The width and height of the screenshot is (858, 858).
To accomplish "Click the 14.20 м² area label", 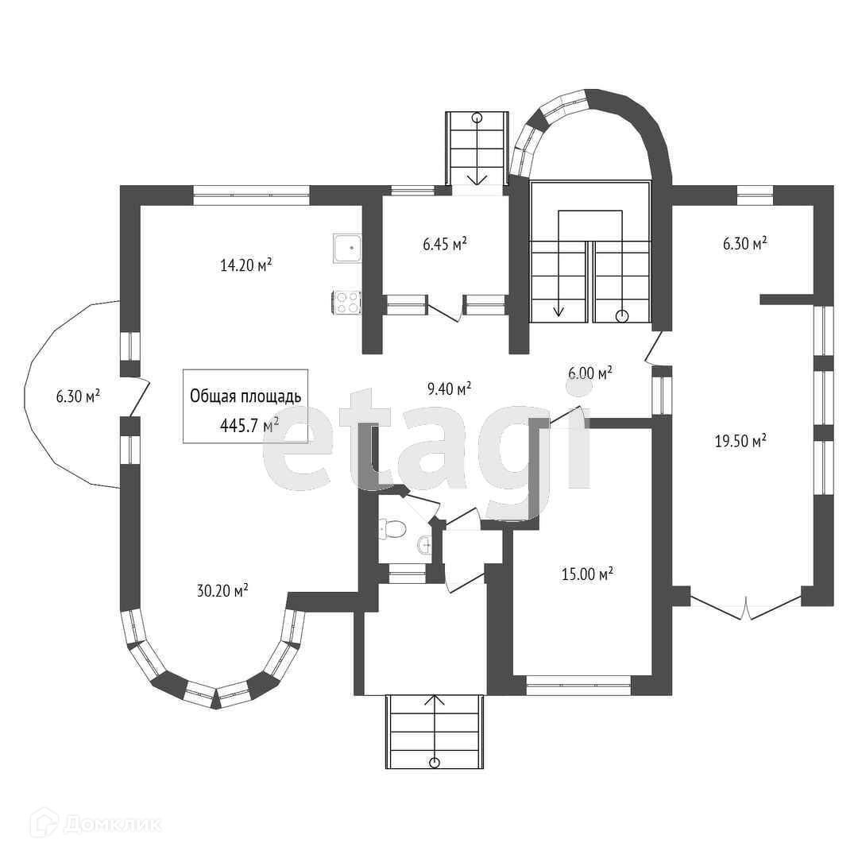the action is click(246, 265).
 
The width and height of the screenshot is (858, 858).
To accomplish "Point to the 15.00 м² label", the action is click(587, 574).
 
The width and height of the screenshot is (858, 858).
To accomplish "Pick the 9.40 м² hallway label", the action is click(449, 388).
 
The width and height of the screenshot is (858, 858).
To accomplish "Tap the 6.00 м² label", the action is click(589, 373).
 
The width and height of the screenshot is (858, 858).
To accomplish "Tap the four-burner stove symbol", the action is click(347, 302).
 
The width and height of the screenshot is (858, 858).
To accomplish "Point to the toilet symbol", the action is click(392, 528).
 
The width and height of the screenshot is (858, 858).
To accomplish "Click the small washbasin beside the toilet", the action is click(423, 545).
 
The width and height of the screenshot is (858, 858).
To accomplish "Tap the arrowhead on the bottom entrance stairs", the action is click(435, 700).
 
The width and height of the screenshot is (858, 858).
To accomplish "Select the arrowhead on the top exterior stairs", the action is click(477, 179).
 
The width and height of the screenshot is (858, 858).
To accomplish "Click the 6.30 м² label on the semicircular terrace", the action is click(78, 396).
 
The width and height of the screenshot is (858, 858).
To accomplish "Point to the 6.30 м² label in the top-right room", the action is click(744, 244).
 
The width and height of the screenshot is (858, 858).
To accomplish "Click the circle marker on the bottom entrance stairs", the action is click(435, 763).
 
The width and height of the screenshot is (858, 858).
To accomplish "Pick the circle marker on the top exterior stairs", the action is click(477, 118).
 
